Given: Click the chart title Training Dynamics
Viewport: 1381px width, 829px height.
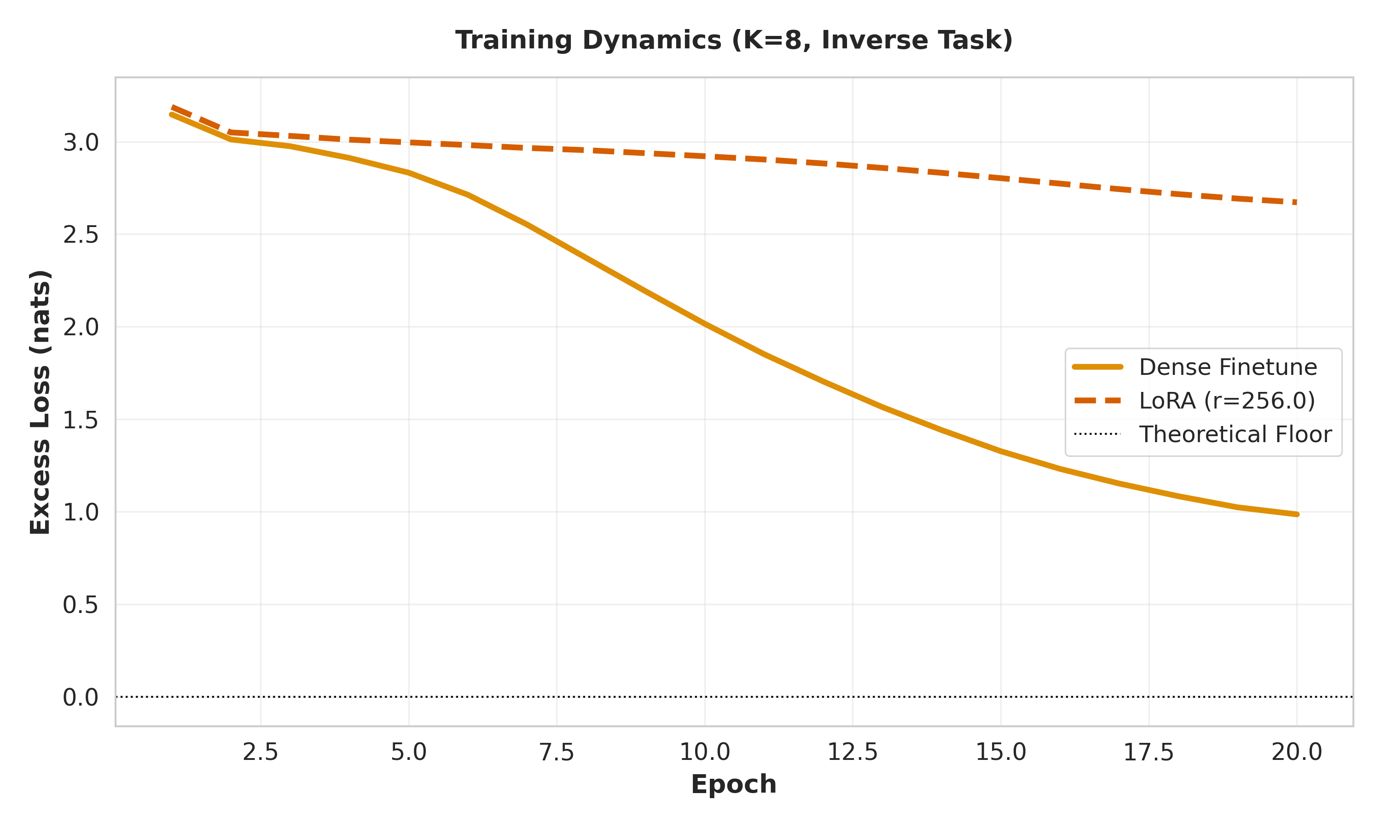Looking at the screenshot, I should click(x=733, y=40).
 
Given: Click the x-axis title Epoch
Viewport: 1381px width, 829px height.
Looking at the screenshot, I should click(x=733, y=784).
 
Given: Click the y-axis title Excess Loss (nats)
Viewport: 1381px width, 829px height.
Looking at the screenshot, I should click(x=40, y=402).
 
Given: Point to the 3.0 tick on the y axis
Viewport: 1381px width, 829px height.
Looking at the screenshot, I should click(x=81, y=142).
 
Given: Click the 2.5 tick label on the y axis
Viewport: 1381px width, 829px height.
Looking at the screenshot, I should click(x=81, y=234).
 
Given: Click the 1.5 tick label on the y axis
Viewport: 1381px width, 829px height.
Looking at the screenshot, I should click(x=81, y=420).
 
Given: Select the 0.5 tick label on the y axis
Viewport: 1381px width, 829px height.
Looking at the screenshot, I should click(x=81, y=604).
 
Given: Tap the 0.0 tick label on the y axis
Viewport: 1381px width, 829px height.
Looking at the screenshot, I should click(x=81, y=697).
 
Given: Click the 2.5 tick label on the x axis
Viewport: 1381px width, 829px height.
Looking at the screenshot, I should click(x=260, y=753).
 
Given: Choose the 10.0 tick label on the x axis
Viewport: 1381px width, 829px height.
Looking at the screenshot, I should click(x=704, y=753).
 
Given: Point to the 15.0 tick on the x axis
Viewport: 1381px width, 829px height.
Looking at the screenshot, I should click(x=1000, y=753).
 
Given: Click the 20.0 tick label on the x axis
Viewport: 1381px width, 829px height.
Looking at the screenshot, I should click(x=1297, y=753).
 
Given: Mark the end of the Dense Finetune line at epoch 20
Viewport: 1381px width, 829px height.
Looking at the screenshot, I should click(x=1297, y=514).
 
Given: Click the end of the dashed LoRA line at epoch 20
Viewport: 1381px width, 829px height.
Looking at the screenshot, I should click(x=1295, y=202).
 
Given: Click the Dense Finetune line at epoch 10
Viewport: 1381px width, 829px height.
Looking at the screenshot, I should click(x=704, y=324).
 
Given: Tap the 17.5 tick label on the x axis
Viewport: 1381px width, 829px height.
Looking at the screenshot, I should click(x=1148, y=753).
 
